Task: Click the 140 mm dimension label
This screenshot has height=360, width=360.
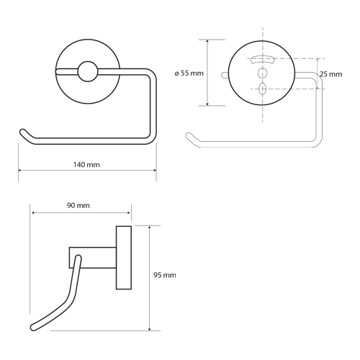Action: pos(86,165)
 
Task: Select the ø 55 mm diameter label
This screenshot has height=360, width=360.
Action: pos(189,73)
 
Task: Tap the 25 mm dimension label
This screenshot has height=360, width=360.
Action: pos(330,74)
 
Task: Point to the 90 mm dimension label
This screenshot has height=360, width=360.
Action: pos(78,205)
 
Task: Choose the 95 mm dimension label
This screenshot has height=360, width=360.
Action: pos(165,275)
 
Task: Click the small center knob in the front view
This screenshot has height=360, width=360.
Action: pos(88,71)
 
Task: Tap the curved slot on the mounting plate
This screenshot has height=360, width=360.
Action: pos(263,59)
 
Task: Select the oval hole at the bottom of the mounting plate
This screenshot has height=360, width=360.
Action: pos(263,89)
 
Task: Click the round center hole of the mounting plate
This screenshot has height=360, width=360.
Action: pos(262,73)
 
